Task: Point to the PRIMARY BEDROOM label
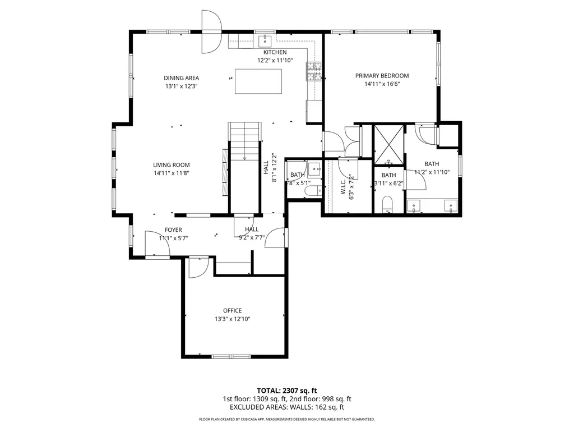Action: pos(382,76)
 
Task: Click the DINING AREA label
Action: pos(181,78)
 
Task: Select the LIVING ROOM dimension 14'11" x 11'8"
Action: pos(172,173)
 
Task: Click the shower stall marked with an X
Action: pos(388,141)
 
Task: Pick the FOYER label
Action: pos(173,230)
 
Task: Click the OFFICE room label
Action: pos(232,310)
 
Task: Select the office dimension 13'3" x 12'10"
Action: pos(232,319)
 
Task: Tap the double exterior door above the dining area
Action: pos(211,32)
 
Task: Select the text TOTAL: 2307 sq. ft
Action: pos(287,390)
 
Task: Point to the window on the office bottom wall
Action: pos(230,356)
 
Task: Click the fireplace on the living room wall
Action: pos(225,172)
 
